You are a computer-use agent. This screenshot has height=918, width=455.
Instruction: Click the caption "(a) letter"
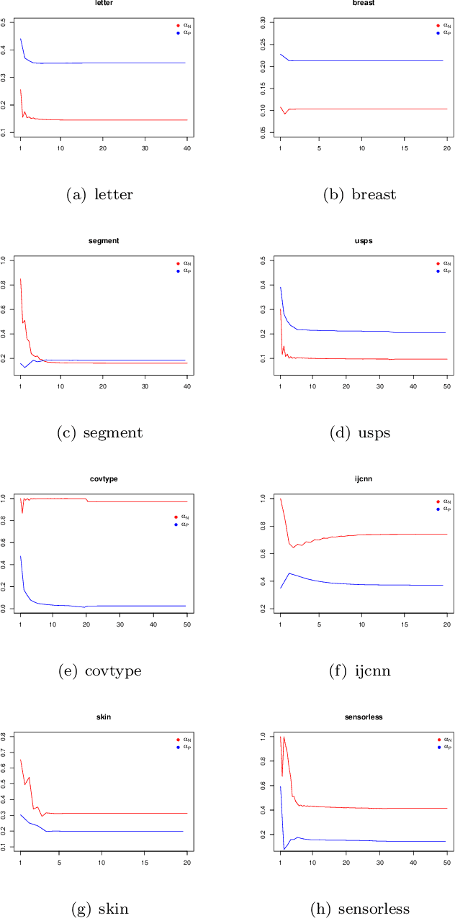pyautogui.click(x=99, y=194)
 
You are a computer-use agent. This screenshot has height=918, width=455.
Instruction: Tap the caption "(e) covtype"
pyautogui.click(x=99, y=671)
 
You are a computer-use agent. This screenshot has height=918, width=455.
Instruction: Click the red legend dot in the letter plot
pyautogui.click(x=177, y=25)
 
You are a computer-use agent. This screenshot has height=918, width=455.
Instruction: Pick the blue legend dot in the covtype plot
pyautogui.click(x=177, y=524)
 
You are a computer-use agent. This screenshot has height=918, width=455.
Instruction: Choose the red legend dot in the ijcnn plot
pyautogui.click(x=438, y=501)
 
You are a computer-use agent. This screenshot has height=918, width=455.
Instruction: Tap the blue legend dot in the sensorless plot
pyautogui.click(x=438, y=747)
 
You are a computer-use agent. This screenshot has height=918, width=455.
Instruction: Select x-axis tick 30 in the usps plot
pyautogui.click(x=379, y=386)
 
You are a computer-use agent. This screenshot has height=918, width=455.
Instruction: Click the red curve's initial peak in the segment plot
pyautogui.click(x=20, y=279)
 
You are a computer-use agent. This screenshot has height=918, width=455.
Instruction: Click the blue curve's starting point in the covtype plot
pyautogui.click(x=20, y=555)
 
